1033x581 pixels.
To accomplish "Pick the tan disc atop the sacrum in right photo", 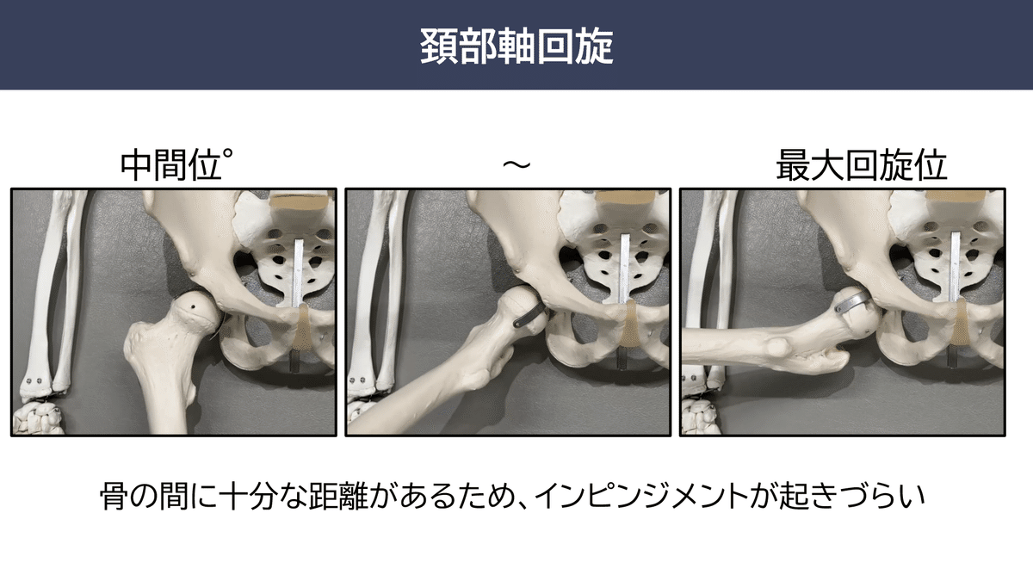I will (x=967, y=207).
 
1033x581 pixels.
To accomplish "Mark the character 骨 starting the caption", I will (x=113, y=497).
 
